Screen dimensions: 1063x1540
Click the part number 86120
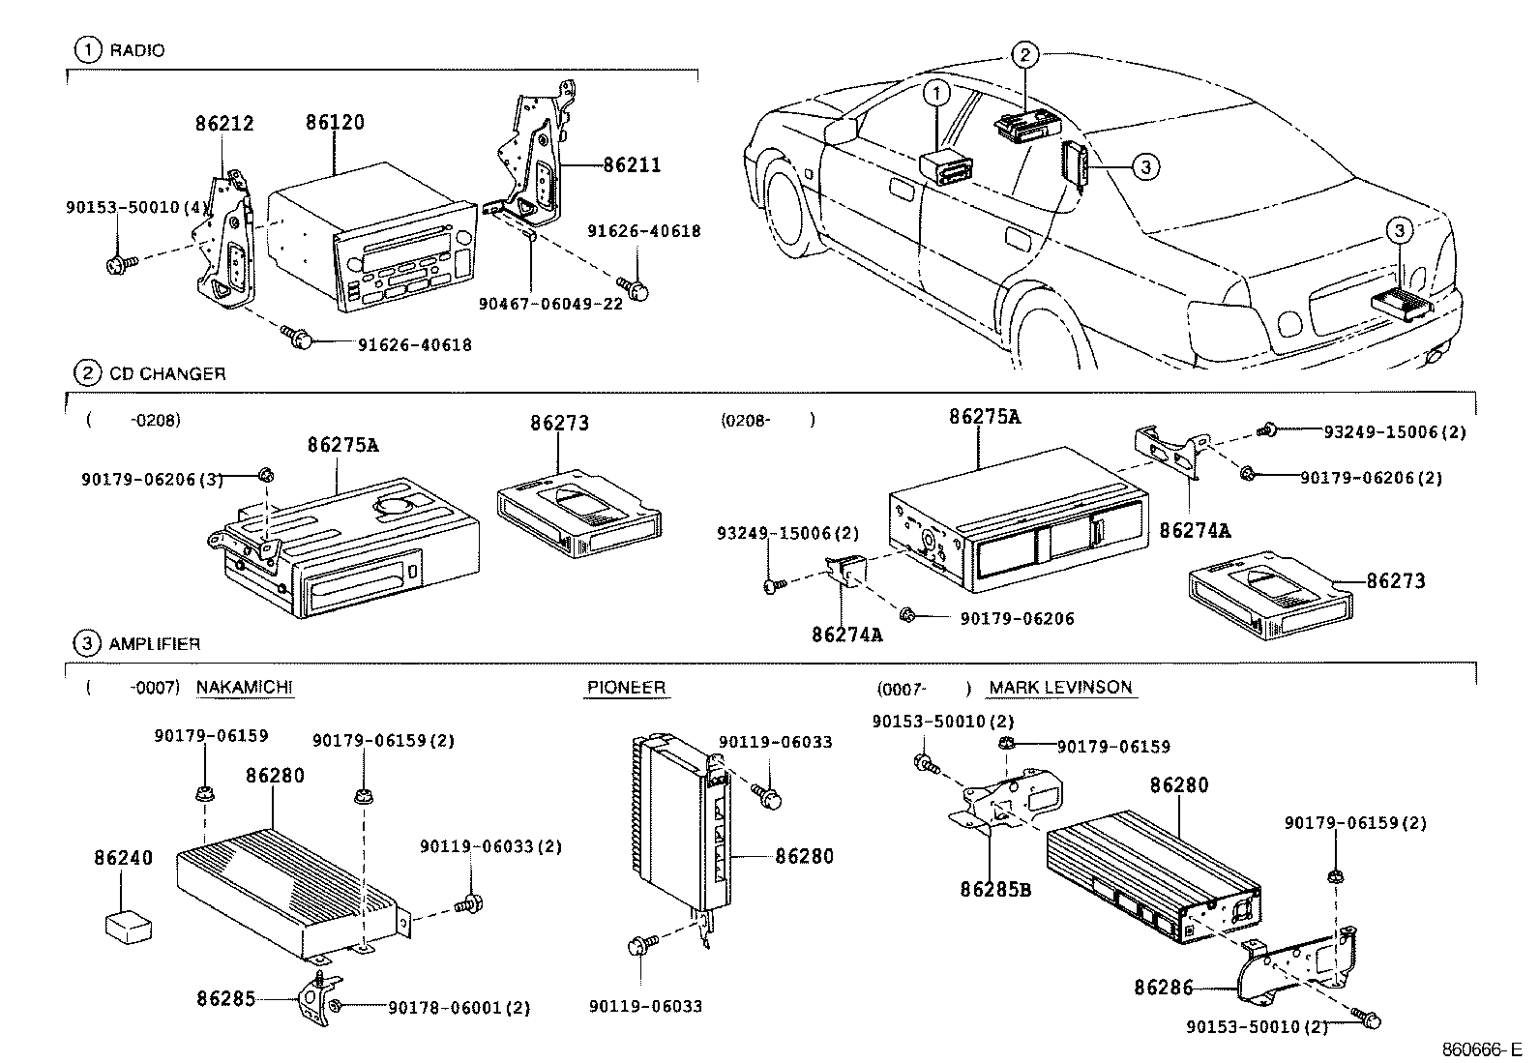335,123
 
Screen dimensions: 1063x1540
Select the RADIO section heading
136,50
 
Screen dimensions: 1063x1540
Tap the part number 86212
223,124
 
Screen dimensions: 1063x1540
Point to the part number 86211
632,165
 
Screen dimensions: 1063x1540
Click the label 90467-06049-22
550,303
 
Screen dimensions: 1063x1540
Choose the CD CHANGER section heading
166,373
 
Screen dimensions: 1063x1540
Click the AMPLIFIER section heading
155,643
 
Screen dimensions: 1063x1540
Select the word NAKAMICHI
245,687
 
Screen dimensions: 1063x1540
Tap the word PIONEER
626,688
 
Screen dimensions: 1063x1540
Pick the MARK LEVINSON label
1060,688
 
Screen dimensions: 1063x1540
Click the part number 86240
123,858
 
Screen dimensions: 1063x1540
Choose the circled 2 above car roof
1025,55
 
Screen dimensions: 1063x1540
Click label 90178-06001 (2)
459,1008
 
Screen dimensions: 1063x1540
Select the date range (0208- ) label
768,421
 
